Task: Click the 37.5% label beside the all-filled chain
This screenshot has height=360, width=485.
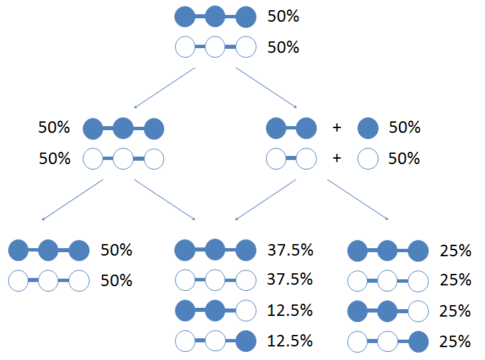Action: pos(290,250)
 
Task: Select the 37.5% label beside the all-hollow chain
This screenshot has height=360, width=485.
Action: pos(290,279)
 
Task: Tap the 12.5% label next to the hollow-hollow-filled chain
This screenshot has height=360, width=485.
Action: pos(290,341)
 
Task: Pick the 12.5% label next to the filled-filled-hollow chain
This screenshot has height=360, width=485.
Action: pos(290,311)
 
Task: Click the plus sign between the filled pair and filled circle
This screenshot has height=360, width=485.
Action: pos(337,127)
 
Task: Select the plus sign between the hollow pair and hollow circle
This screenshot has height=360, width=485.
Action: pos(337,159)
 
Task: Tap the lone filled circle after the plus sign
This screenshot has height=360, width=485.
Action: pos(368,128)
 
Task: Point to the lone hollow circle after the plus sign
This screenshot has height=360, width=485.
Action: pos(368,159)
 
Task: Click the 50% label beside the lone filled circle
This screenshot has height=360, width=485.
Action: pos(404,127)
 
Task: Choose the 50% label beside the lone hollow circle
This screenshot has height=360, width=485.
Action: pos(404,159)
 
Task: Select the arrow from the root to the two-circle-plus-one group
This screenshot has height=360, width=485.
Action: pos(267,88)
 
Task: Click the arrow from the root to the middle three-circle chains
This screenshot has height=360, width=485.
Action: pos(165,88)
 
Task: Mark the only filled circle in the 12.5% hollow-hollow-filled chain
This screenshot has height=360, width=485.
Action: pos(246,341)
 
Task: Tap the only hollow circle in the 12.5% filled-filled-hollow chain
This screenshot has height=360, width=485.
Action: pos(246,311)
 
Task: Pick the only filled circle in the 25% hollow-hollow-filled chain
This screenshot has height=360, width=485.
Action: pos(419,342)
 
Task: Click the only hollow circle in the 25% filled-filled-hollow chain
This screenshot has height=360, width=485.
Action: pos(419,311)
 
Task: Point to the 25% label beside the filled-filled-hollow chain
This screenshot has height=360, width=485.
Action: pos(455,311)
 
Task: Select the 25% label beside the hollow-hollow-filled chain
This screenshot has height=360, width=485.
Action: pos(455,342)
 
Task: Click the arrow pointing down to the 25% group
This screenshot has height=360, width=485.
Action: pos(358,199)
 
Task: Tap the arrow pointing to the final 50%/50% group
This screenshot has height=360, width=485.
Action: pos(73,200)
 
